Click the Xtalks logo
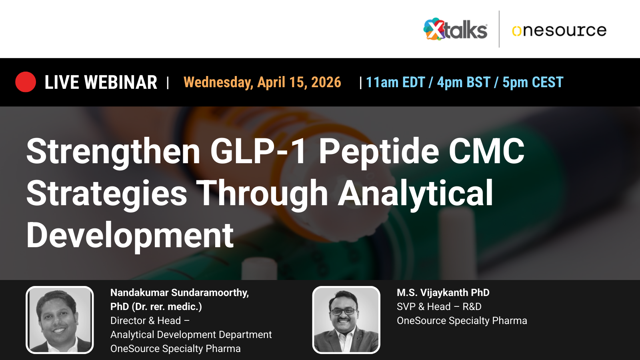(x=455, y=30)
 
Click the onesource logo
(x=559, y=30)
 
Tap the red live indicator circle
(x=26, y=82)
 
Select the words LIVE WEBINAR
(x=101, y=82)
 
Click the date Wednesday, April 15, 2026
(x=262, y=82)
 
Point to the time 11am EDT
(x=395, y=82)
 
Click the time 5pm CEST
(x=532, y=82)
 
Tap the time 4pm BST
(x=463, y=82)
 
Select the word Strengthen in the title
(x=113, y=152)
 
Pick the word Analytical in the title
(x=416, y=194)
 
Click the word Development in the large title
(x=130, y=236)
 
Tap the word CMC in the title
(x=486, y=151)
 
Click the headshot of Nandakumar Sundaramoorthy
(x=60, y=320)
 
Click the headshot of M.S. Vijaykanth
(x=346, y=320)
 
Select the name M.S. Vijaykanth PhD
(x=443, y=293)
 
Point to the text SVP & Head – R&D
(x=439, y=307)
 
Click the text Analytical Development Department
(x=191, y=335)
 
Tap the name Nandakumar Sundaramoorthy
(x=179, y=293)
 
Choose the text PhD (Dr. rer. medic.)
(x=156, y=307)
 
